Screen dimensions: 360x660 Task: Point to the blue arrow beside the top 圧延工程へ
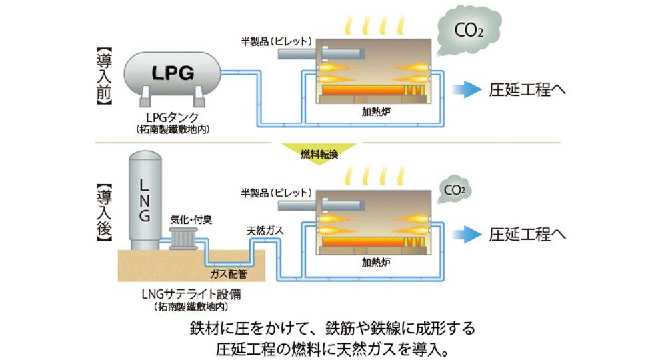click(464, 89)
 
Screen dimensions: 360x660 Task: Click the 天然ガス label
click(265, 230)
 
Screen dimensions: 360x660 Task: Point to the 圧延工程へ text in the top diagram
click(527, 89)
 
